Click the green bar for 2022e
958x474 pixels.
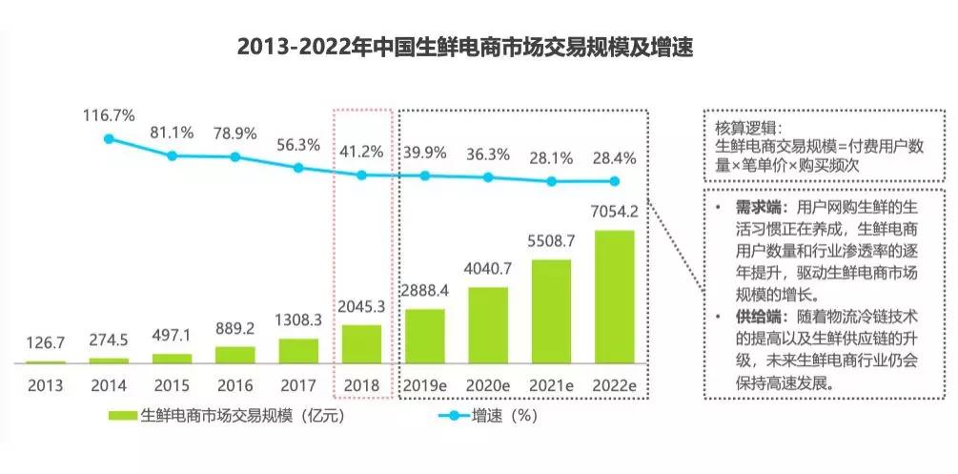[614, 297]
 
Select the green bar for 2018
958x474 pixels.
[361, 344]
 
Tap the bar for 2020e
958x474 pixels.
[487, 324]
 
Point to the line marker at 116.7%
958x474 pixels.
[109, 138]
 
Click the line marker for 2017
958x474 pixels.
[298, 167]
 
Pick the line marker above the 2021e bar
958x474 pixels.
[551, 180]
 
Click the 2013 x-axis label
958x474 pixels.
[45, 385]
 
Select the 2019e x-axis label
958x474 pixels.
[425, 385]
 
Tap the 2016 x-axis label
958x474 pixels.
[234, 385]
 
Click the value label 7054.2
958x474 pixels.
[615, 216]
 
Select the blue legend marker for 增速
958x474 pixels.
[453, 417]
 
